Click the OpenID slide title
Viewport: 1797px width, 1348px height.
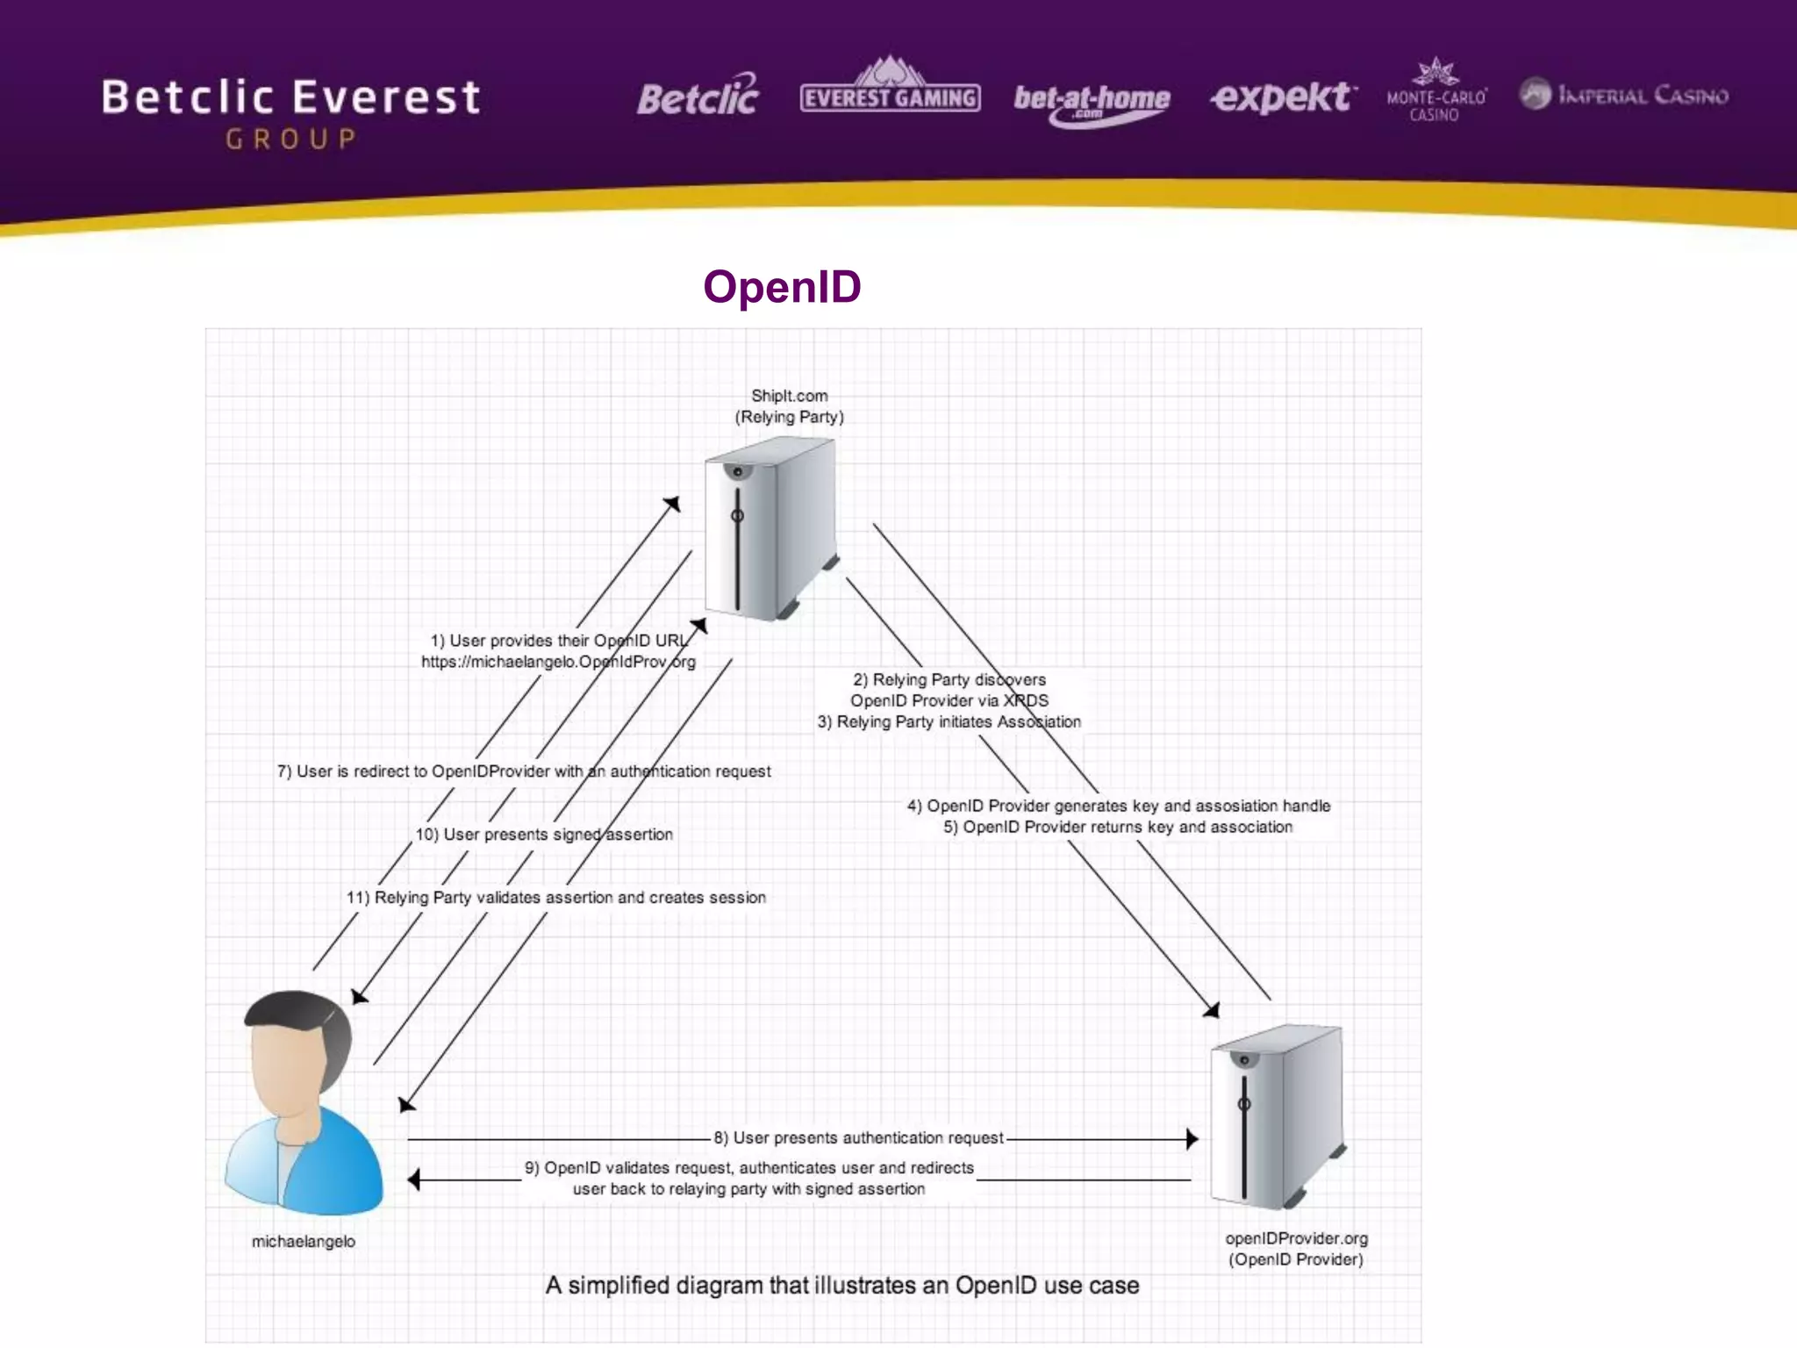[782, 287]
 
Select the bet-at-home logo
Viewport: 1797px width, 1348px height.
[1092, 102]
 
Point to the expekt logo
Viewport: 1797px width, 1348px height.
[1282, 97]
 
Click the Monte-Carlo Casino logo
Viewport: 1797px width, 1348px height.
[1436, 91]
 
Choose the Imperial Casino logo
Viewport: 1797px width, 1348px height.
[1623, 95]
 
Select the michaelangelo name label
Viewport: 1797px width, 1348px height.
[304, 1242]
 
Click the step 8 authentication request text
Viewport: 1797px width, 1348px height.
[858, 1138]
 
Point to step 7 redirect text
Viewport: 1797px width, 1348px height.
[524, 771]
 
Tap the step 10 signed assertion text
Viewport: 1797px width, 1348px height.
[544, 835]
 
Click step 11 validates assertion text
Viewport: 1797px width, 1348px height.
[556, 898]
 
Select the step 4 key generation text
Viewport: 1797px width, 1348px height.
[1119, 806]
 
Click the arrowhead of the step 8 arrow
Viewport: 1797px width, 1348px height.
[1192, 1139]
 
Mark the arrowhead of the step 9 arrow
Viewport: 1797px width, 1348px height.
[414, 1180]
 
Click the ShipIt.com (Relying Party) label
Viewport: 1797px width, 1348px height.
[789, 406]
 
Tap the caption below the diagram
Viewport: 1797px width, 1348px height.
[841, 1286]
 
